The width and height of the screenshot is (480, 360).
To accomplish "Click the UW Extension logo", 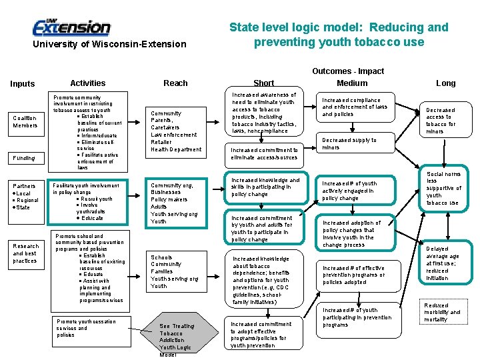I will [x=71, y=27].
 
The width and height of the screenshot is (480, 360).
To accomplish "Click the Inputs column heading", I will [x=23, y=84].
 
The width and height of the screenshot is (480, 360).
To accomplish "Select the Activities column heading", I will [x=88, y=83].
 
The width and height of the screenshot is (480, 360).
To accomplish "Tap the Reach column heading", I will [x=175, y=83].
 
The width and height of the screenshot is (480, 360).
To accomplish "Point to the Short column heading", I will [x=263, y=83].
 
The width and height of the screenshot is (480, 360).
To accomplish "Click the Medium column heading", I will [x=352, y=83].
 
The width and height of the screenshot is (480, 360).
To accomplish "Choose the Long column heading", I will [x=445, y=83].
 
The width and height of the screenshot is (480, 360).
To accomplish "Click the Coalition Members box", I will [x=25, y=122].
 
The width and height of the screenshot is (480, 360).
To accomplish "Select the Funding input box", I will [x=25, y=158].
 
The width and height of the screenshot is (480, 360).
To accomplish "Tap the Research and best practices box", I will [x=25, y=253].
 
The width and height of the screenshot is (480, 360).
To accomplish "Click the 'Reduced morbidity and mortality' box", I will [x=442, y=312].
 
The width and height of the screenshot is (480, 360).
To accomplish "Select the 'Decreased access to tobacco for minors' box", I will [x=441, y=121].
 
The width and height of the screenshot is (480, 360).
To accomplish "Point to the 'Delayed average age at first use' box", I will [x=442, y=263].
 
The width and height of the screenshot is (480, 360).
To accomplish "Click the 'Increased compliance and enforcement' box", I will [x=355, y=107].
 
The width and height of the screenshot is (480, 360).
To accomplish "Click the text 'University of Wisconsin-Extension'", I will [x=110, y=44].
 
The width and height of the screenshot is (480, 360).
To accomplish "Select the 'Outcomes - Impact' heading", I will [x=348, y=71].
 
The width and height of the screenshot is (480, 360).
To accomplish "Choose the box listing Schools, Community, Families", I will [x=175, y=271].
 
